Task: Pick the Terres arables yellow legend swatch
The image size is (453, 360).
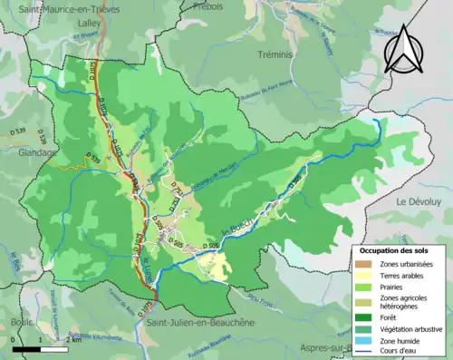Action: click(x=362, y=275)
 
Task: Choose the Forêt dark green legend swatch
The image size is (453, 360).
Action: click(x=362, y=317)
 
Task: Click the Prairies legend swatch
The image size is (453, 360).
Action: click(x=362, y=287)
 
